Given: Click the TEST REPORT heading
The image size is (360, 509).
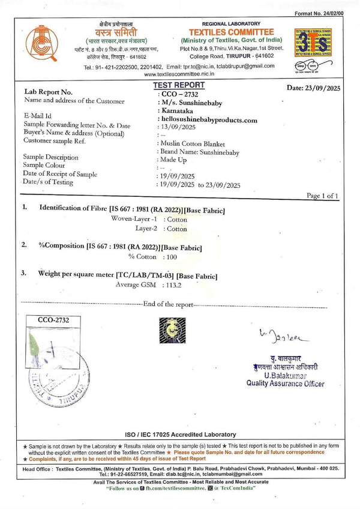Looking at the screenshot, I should click(179, 85).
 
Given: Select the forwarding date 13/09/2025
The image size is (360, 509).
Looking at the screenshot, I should click(175, 127).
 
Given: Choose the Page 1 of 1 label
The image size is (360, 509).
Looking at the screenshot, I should click(322, 196).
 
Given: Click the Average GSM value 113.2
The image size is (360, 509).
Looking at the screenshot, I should click(173, 284).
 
